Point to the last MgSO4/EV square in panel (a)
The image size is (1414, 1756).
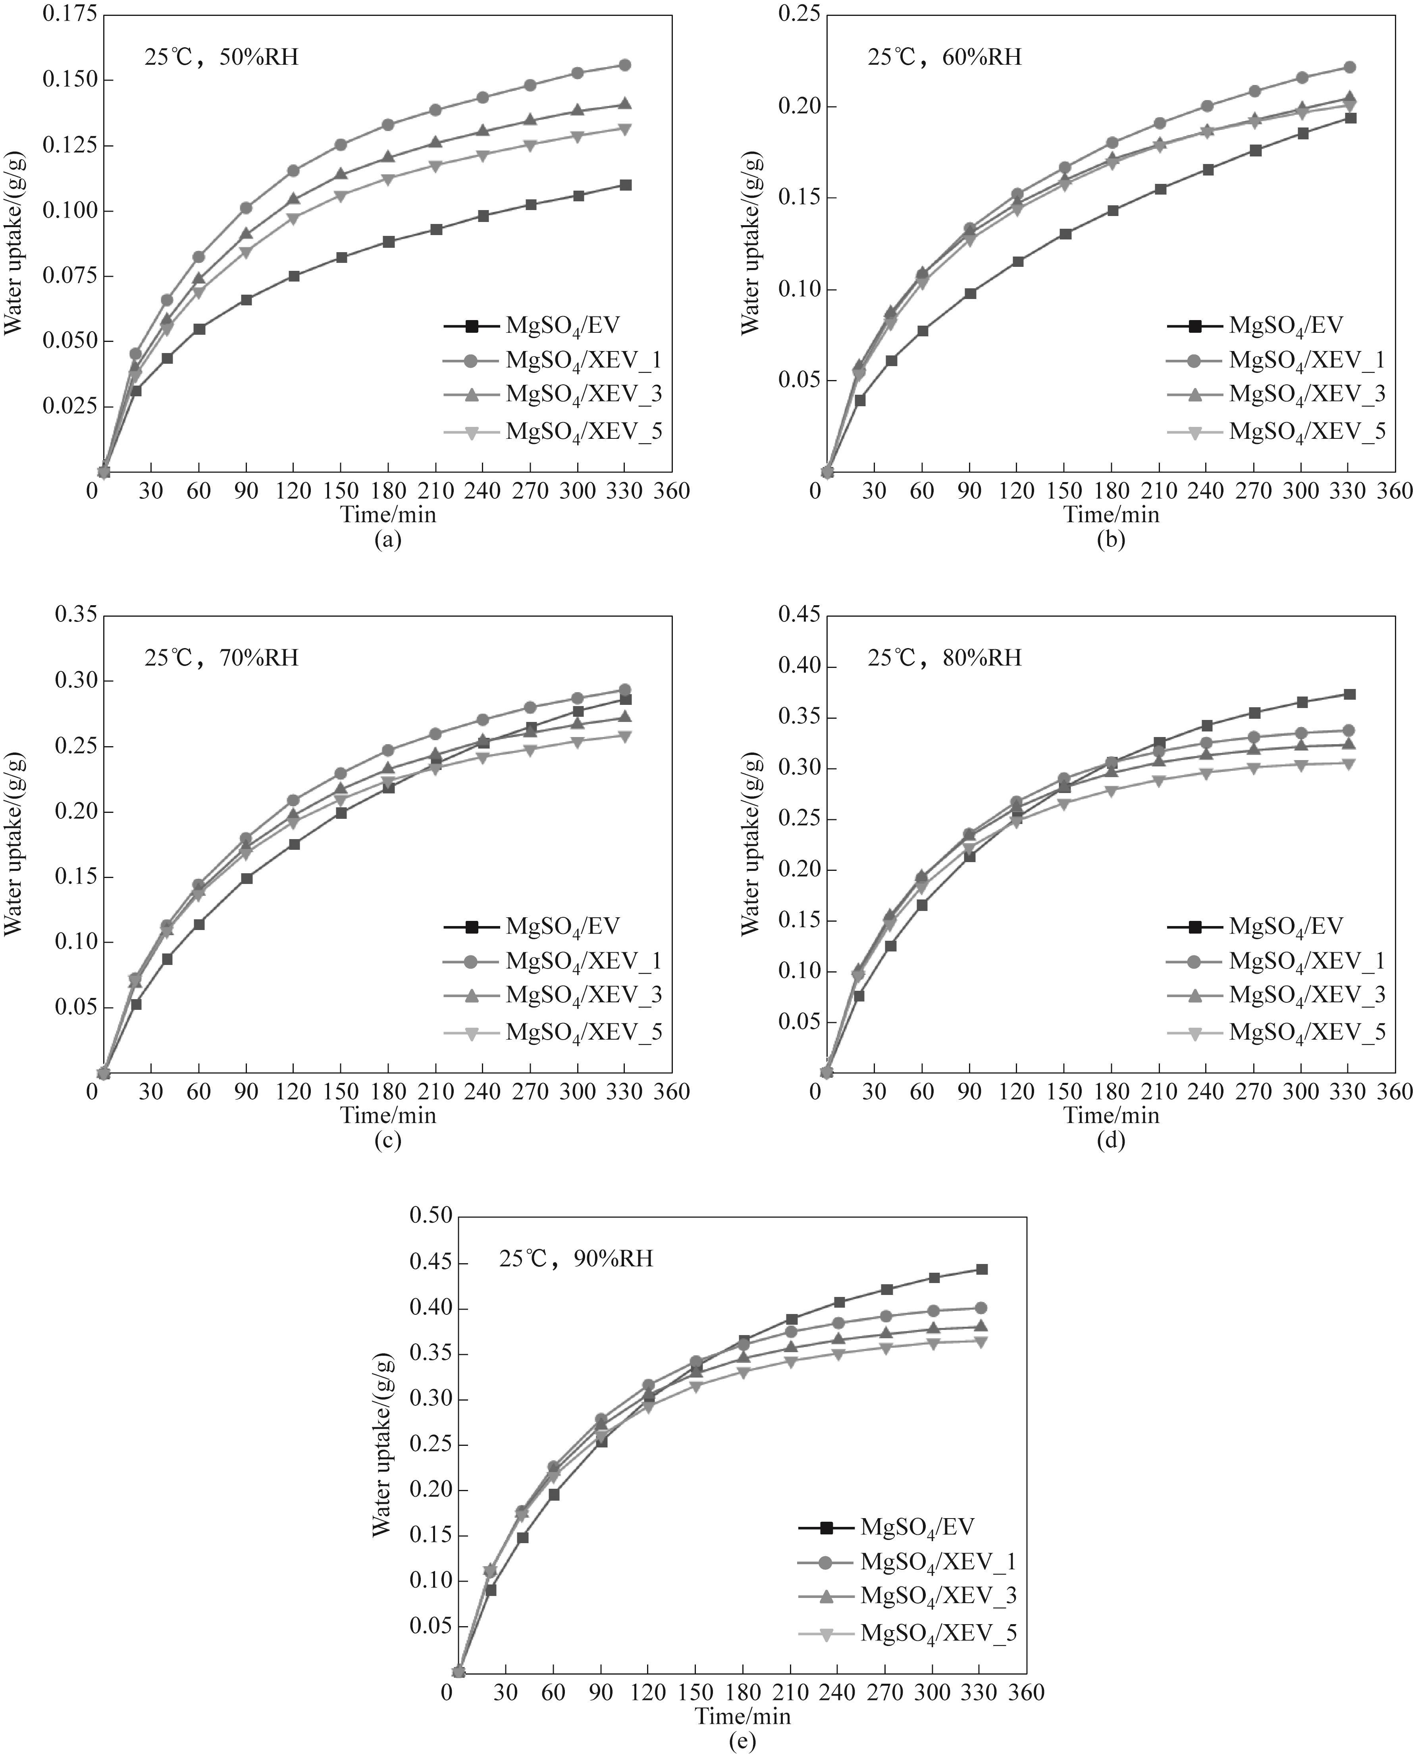tap(625, 185)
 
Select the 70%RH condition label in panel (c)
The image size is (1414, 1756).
tap(222, 658)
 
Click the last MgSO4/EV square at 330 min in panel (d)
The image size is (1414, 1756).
tap(1349, 694)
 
